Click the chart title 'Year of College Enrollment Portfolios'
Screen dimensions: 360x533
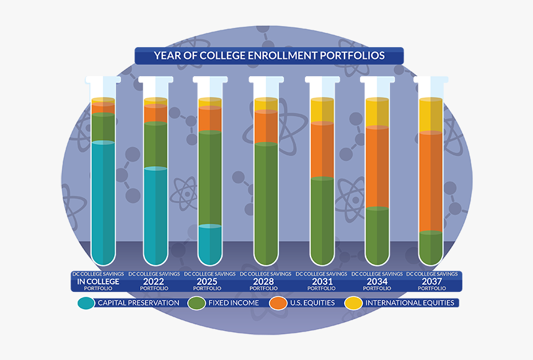pyautogui.click(x=269, y=56)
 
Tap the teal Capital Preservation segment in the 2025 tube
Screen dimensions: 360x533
pyautogui.click(x=209, y=243)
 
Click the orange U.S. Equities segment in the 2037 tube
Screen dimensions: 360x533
pyautogui.click(x=431, y=181)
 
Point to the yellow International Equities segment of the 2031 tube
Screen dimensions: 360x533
pyautogui.click(x=322, y=110)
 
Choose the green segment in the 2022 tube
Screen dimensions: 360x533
pyautogui.click(x=156, y=145)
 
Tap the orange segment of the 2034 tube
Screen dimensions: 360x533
pyautogui.click(x=377, y=166)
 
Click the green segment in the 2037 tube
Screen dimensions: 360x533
pyautogui.click(x=431, y=246)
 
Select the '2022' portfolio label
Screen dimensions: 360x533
pyautogui.click(x=154, y=281)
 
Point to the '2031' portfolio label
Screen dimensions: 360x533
pyautogui.click(x=321, y=281)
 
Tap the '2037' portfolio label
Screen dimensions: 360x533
pyautogui.click(x=432, y=281)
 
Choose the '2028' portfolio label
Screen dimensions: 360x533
pyautogui.click(x=265, y=281)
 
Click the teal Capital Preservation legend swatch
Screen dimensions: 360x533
pyautogui.click(x=86, y=303)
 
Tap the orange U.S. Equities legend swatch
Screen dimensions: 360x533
pyautogui.click(x=278, y=303)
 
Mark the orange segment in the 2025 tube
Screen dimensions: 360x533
pyautogui.click(x=209, y=118)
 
